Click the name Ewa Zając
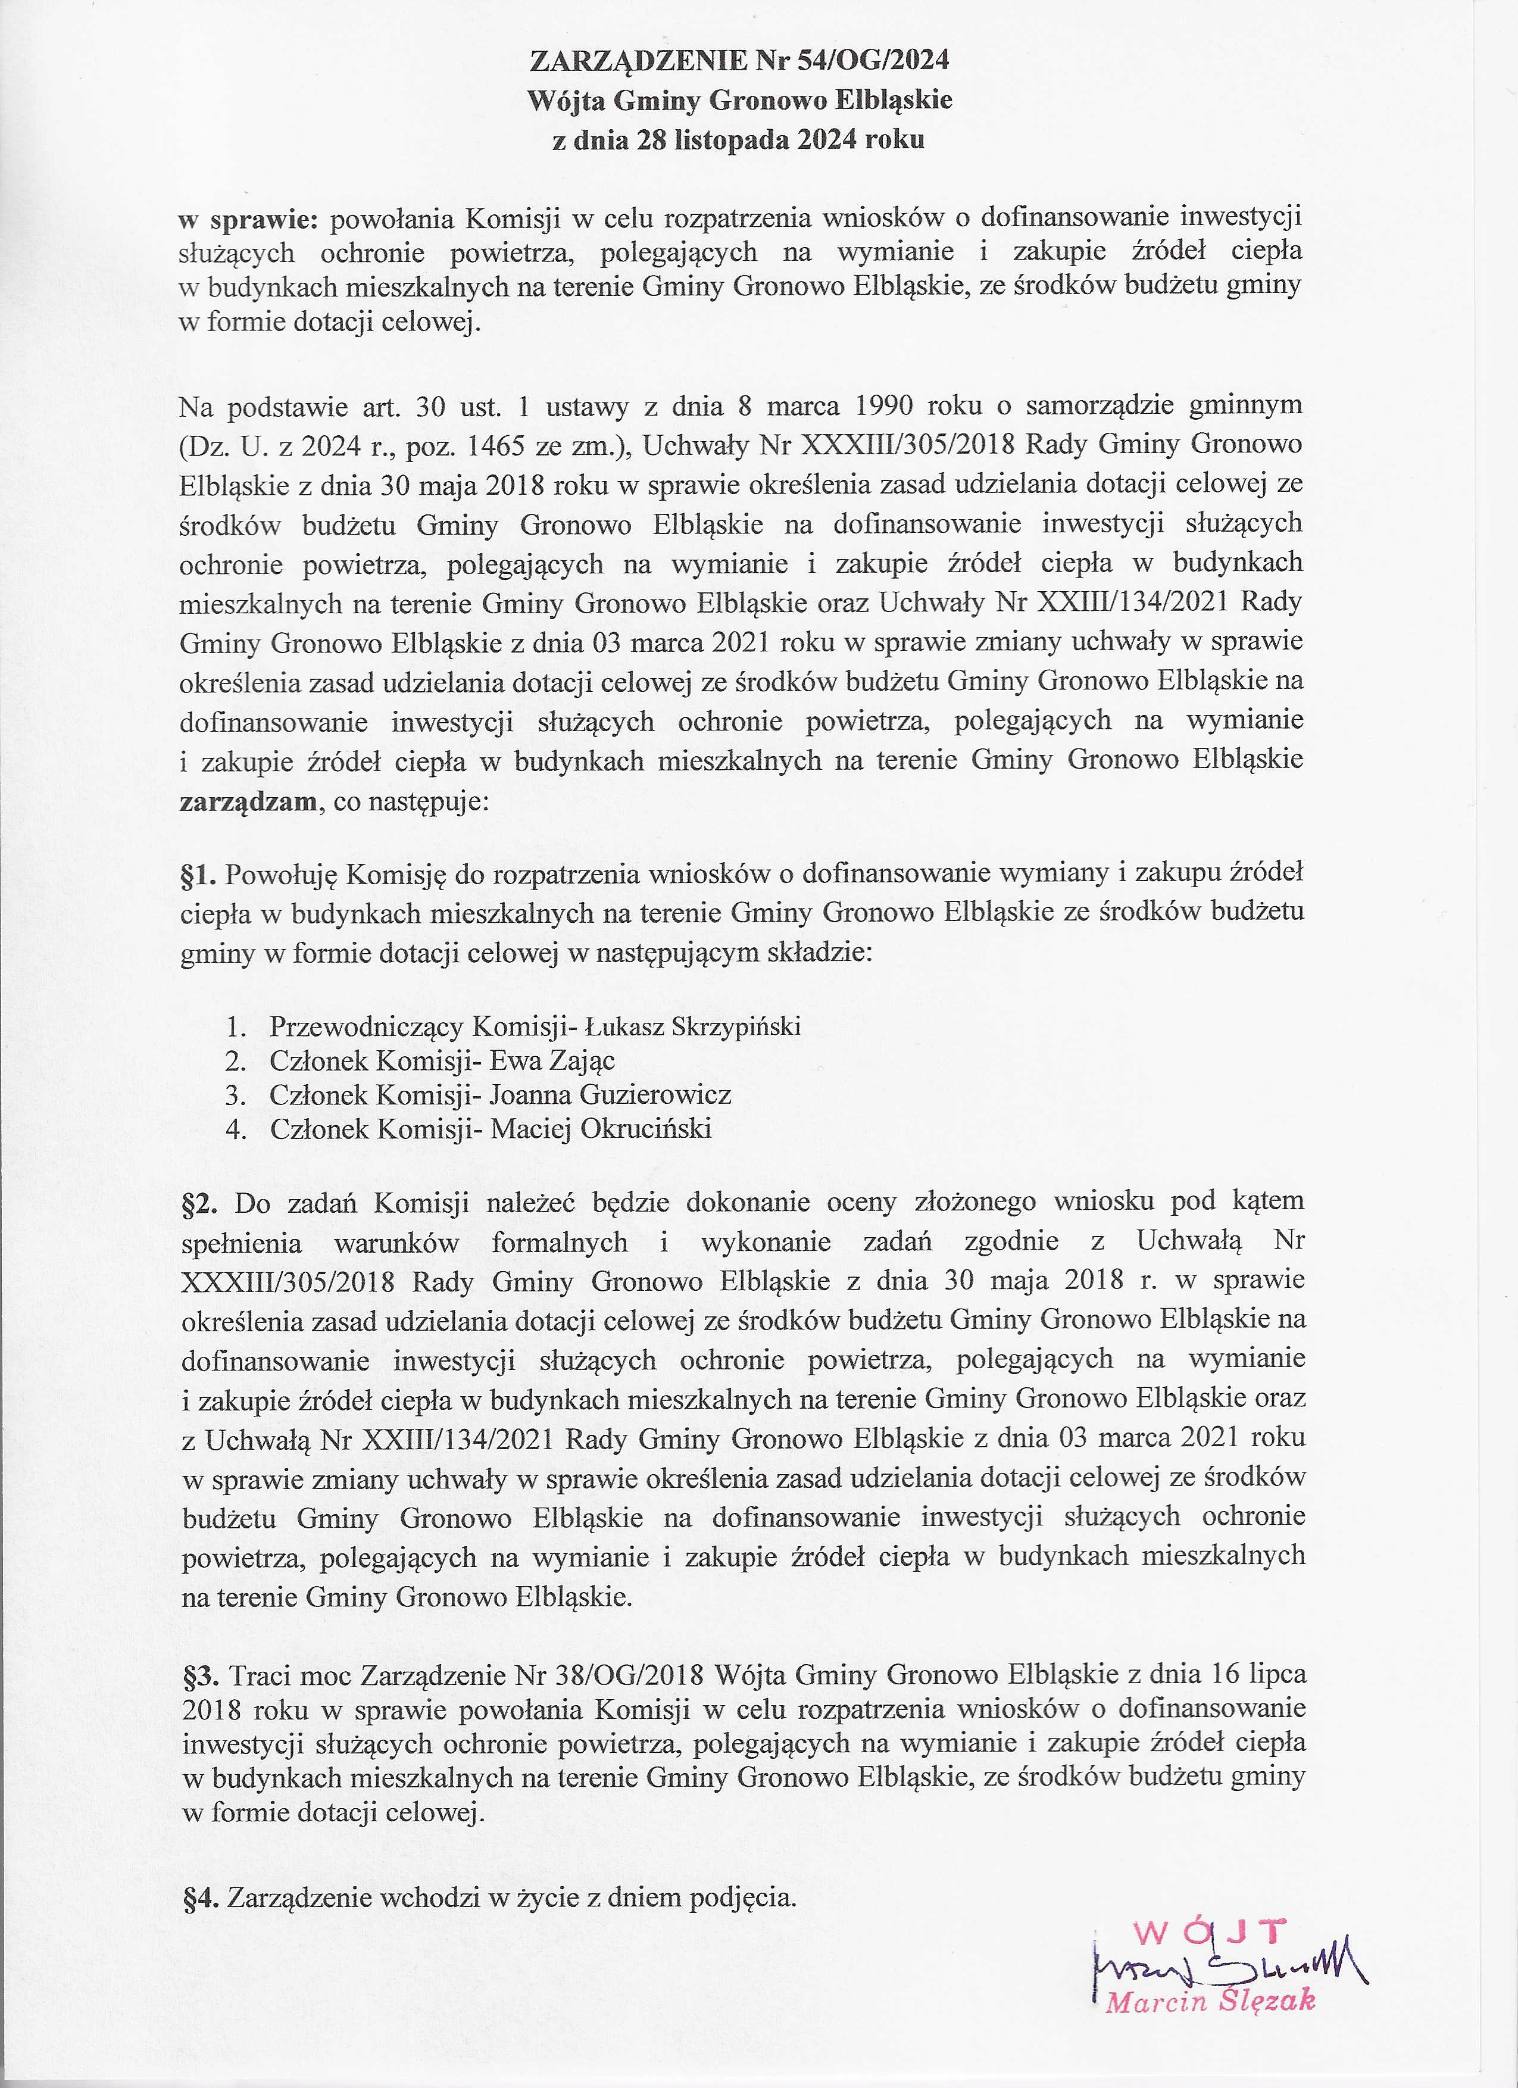coord(551,1060)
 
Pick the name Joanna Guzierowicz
coord(610,1095)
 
